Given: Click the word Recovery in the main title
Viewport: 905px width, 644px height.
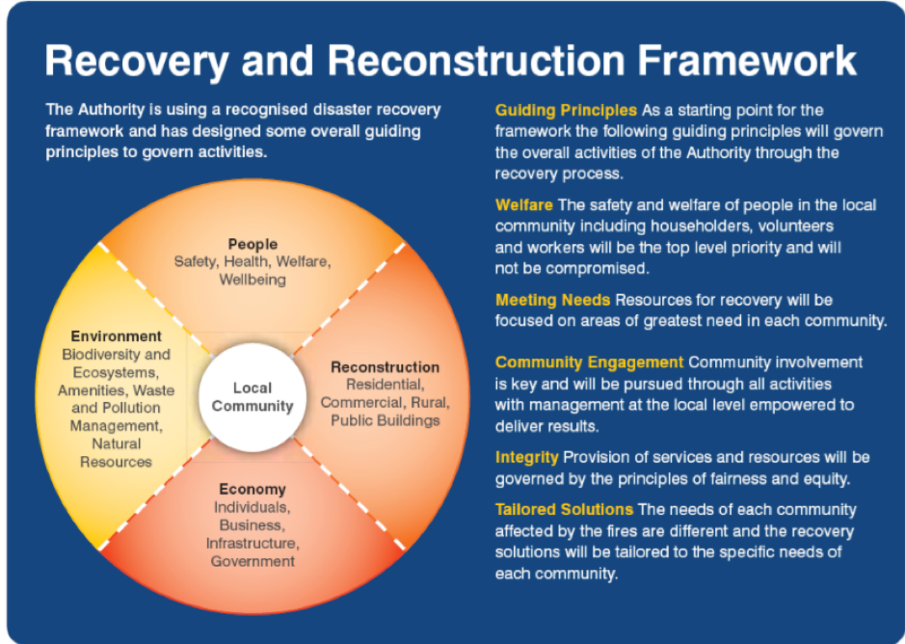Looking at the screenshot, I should click(x=137, y=61).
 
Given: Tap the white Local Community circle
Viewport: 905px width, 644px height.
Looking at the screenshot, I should click(x=252, y=397).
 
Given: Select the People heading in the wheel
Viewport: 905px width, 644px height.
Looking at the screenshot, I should click(x=253, y=244).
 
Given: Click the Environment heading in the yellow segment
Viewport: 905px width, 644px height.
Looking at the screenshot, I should click(x=116, y=336).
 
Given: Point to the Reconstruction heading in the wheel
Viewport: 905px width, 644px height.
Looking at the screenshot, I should click(x=385, y=367).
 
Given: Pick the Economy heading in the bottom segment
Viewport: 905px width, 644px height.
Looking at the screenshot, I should click(x=253, y=489).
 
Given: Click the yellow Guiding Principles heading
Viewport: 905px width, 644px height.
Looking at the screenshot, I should click(x=566, y=111).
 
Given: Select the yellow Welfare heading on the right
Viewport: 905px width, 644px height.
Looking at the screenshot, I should click(x=524, y=205).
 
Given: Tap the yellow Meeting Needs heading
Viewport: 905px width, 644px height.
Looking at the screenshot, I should click(x=553, y=300).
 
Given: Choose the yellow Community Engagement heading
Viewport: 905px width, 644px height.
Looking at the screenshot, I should click(x=589, y=362).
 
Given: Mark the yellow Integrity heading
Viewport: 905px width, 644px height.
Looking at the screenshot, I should click(x=526, y=457).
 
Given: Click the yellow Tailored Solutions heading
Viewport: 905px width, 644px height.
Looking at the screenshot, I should click(x=564, y=510).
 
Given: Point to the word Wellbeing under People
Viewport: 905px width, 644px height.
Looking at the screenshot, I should click(x=253, y=280).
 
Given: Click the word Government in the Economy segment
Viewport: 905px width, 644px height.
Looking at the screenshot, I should click(x=253, y=561).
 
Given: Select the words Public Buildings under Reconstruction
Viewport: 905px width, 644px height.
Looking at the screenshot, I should click(x=385, y=420).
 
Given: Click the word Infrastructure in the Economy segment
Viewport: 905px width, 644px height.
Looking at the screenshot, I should click(x=253, y=543).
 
